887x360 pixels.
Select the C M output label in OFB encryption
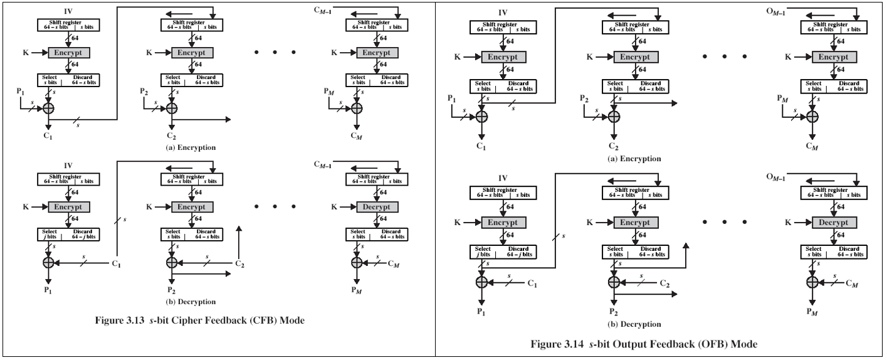pos(813,147)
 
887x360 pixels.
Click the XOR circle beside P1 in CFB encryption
pos(48,108)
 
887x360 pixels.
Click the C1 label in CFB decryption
pos(116,265)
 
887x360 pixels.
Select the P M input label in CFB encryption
pos(330,92)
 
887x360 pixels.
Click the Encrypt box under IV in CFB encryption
pos(69,52)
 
